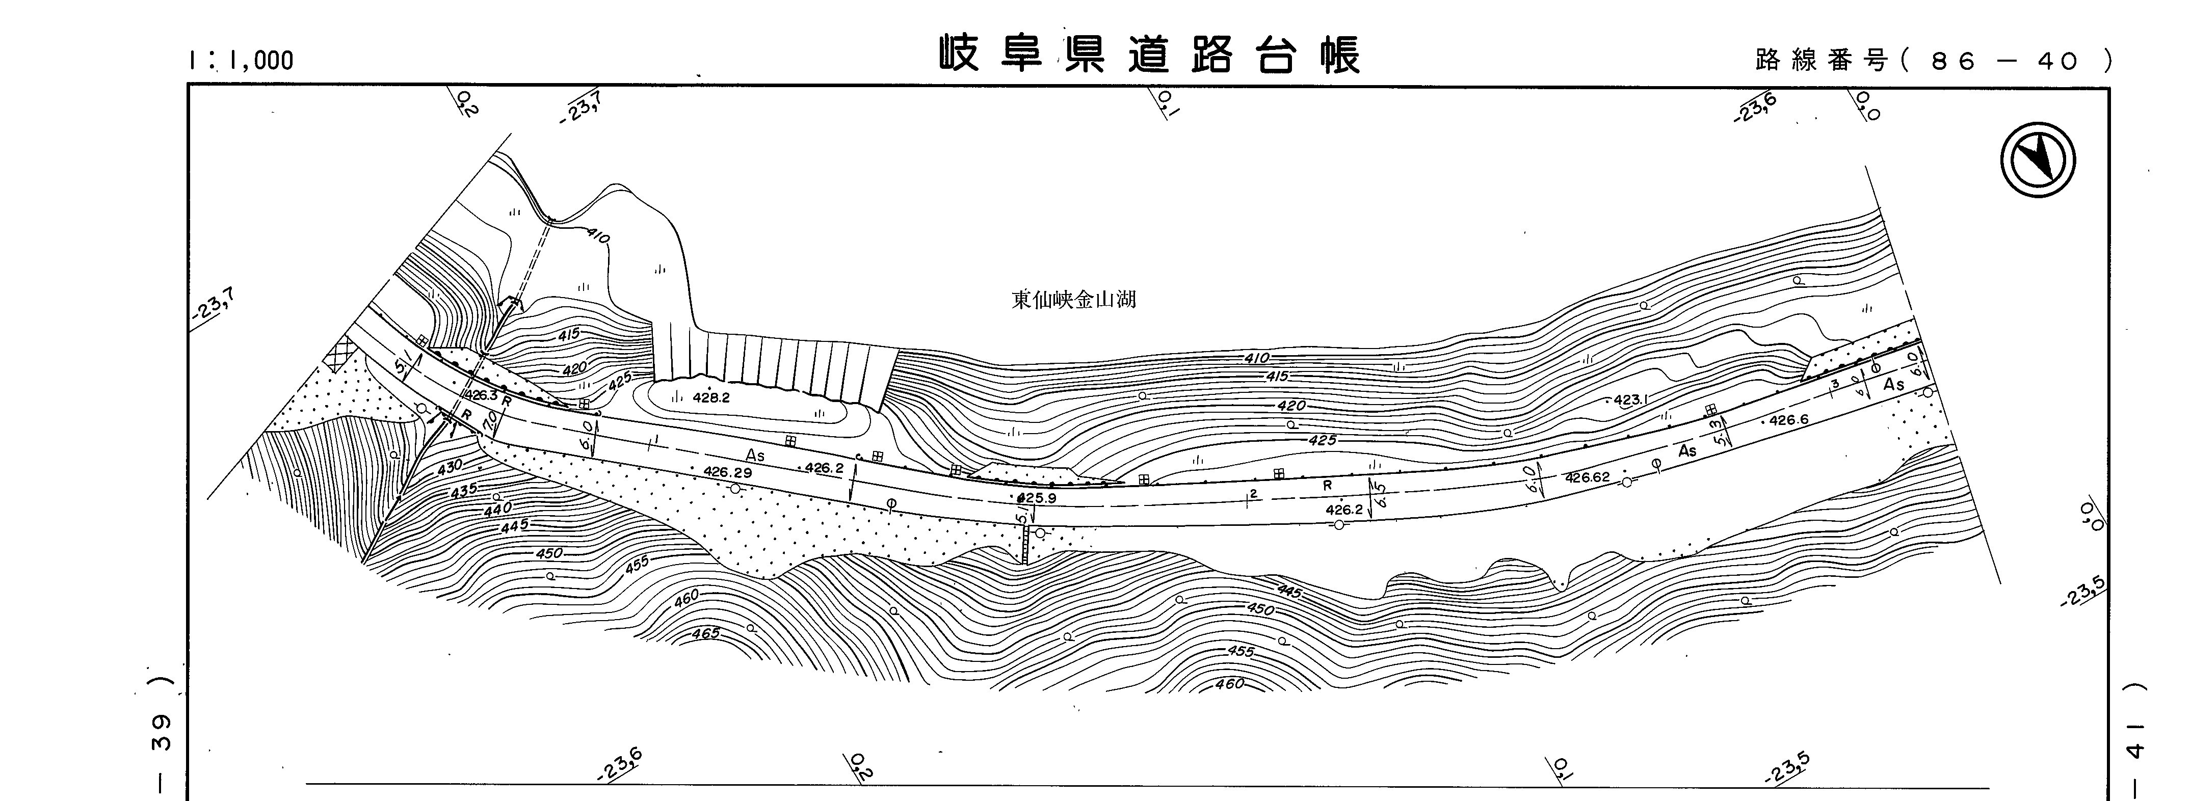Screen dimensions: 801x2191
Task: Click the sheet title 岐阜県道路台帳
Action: coord(1150,55)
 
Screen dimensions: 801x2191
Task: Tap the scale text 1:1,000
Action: coord(242,60)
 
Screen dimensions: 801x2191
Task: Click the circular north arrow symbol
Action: coord(2038,160)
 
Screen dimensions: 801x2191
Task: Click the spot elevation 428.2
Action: coord(711,397)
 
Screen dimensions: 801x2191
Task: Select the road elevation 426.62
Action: coord(1587,478)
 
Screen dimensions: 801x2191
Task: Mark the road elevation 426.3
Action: coord(481,395)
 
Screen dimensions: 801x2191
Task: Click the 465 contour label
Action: coord(705,633)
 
